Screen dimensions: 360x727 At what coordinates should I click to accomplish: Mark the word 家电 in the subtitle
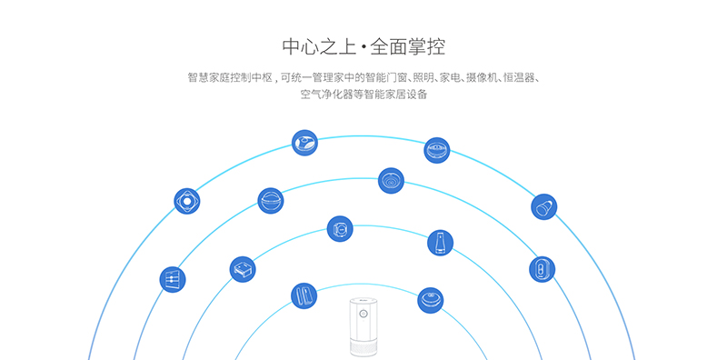(453, 78)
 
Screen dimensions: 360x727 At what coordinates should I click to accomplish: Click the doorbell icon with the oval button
(542, 268)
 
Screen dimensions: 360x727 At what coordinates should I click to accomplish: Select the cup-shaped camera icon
(544, 207)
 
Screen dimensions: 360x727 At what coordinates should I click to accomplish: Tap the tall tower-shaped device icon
(440, 243)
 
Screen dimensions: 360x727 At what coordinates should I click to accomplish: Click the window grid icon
(172, 279)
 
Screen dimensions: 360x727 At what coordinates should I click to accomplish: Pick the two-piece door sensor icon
(304, 295)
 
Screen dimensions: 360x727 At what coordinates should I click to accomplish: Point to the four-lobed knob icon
(186, 201)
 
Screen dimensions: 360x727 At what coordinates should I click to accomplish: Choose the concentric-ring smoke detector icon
(391, 180)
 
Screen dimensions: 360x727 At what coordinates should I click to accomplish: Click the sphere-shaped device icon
(271, 200)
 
